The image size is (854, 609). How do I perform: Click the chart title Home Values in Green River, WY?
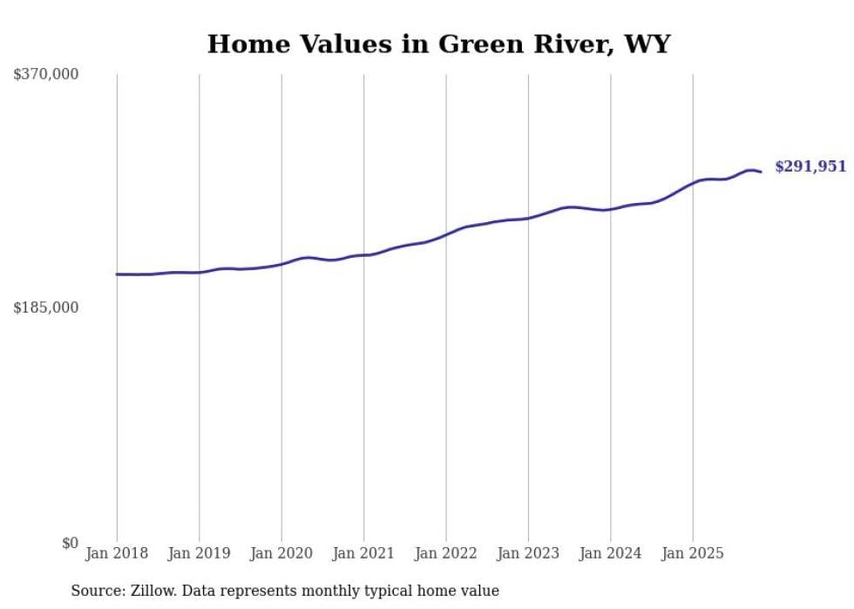tap(438, 44)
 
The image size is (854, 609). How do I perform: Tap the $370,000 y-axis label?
tap(45, 75)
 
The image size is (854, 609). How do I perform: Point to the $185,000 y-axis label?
tap(45, 308)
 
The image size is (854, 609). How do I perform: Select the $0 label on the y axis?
tap(70, 543)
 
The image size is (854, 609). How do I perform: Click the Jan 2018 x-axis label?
tap(117, 553)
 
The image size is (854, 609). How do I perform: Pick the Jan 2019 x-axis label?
tap(199, 553)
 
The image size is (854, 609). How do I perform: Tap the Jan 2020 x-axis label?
tap(281, 553)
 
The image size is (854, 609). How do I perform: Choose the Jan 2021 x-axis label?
tap(363, 553)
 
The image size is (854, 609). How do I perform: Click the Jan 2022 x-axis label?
tap(446, 553)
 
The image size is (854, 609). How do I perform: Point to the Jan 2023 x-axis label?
tap(528, 553)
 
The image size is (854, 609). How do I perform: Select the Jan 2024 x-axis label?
tap(611, 553)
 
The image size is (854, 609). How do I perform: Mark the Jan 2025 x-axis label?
tap(693, 553)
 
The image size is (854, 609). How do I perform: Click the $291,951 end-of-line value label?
tap(810, 166)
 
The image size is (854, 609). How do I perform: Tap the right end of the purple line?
tap(761, 172)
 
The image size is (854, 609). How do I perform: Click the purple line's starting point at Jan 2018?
tap(117, 274)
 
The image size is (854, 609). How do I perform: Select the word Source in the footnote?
tap(94, 591)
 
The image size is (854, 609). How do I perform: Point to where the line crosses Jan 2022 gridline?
tap(446, 233)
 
